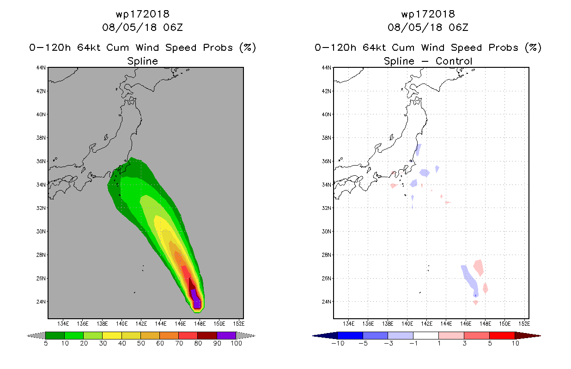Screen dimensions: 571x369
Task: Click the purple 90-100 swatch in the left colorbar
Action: pyautogui.click(x=226, y=335)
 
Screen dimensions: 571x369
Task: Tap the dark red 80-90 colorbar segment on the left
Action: pyautogui.click(x=207, y=335)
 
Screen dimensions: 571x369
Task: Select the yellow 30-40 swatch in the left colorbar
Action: pyautogui.click(x=112, y=335)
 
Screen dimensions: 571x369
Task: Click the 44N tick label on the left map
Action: pyautogui.click(x=41, y=68)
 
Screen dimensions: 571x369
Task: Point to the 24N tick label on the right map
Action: pyautogui.click(x=326, y=302)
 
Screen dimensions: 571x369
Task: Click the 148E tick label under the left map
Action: pyautogui.click(x=200, y=324)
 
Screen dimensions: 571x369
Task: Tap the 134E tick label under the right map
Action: pyautogui.click(x=348, y=324)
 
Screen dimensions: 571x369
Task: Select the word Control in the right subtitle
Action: pyautogui.click(x=454, y=61)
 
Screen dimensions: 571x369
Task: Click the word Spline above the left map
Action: pyautogui.click(x=142, y=61)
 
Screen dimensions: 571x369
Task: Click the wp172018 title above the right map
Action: pyautogui.click(x=428, y=14)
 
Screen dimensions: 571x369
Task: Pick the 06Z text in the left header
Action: pyautogui.click(x=173, y=27)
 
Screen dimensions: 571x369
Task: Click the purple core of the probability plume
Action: pyautogui.click(x=196, y=299)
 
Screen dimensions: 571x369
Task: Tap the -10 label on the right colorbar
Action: pyautogui.click(x=338, y=343)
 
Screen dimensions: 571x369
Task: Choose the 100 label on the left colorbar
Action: pyautogui.click(x=237, y=343)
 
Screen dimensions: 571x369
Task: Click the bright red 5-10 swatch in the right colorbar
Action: pyautogui.click(x=502, y=335)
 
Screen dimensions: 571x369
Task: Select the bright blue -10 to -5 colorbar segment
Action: pyautogui.click(x=350, y=335)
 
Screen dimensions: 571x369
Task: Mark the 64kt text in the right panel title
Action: pyautogui.click(x=374, y=48)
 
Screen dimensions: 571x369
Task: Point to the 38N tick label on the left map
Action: pyautogui.click(x=41, y=138)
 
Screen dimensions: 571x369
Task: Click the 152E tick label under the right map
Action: pyautogui.click(x=524, y=324)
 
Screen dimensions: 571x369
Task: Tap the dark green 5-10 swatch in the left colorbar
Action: pyautogui.click(x=55, y=335)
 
